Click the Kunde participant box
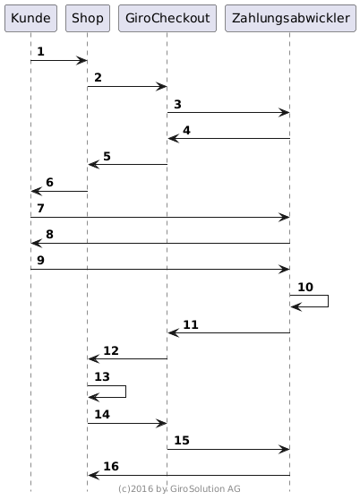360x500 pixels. coord(30,18)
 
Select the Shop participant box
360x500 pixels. coord(88,18)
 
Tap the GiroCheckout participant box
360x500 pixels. coord(167,18)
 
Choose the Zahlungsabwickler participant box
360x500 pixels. coord(290,18)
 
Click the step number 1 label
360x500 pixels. coord(40,51)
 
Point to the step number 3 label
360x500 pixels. coord(177,104)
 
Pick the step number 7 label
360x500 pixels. coord(40,208)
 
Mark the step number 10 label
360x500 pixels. coord(305,287)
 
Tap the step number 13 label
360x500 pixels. coord(102,376)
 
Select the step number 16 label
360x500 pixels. coord(111,466)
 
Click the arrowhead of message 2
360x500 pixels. coord(161,86)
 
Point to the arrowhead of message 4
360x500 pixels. coord(174,138)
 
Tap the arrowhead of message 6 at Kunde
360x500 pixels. coord(37,192)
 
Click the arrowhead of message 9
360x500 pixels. coord(284,269)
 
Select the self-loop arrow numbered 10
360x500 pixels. coord(328,301)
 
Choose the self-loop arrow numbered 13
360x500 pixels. coord(126,392)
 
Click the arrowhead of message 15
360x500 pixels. coord(284,449)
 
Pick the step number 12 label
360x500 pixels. coord(111,350)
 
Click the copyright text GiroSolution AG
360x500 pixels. coord(205,489)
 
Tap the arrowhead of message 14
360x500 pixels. coord(161,424)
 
